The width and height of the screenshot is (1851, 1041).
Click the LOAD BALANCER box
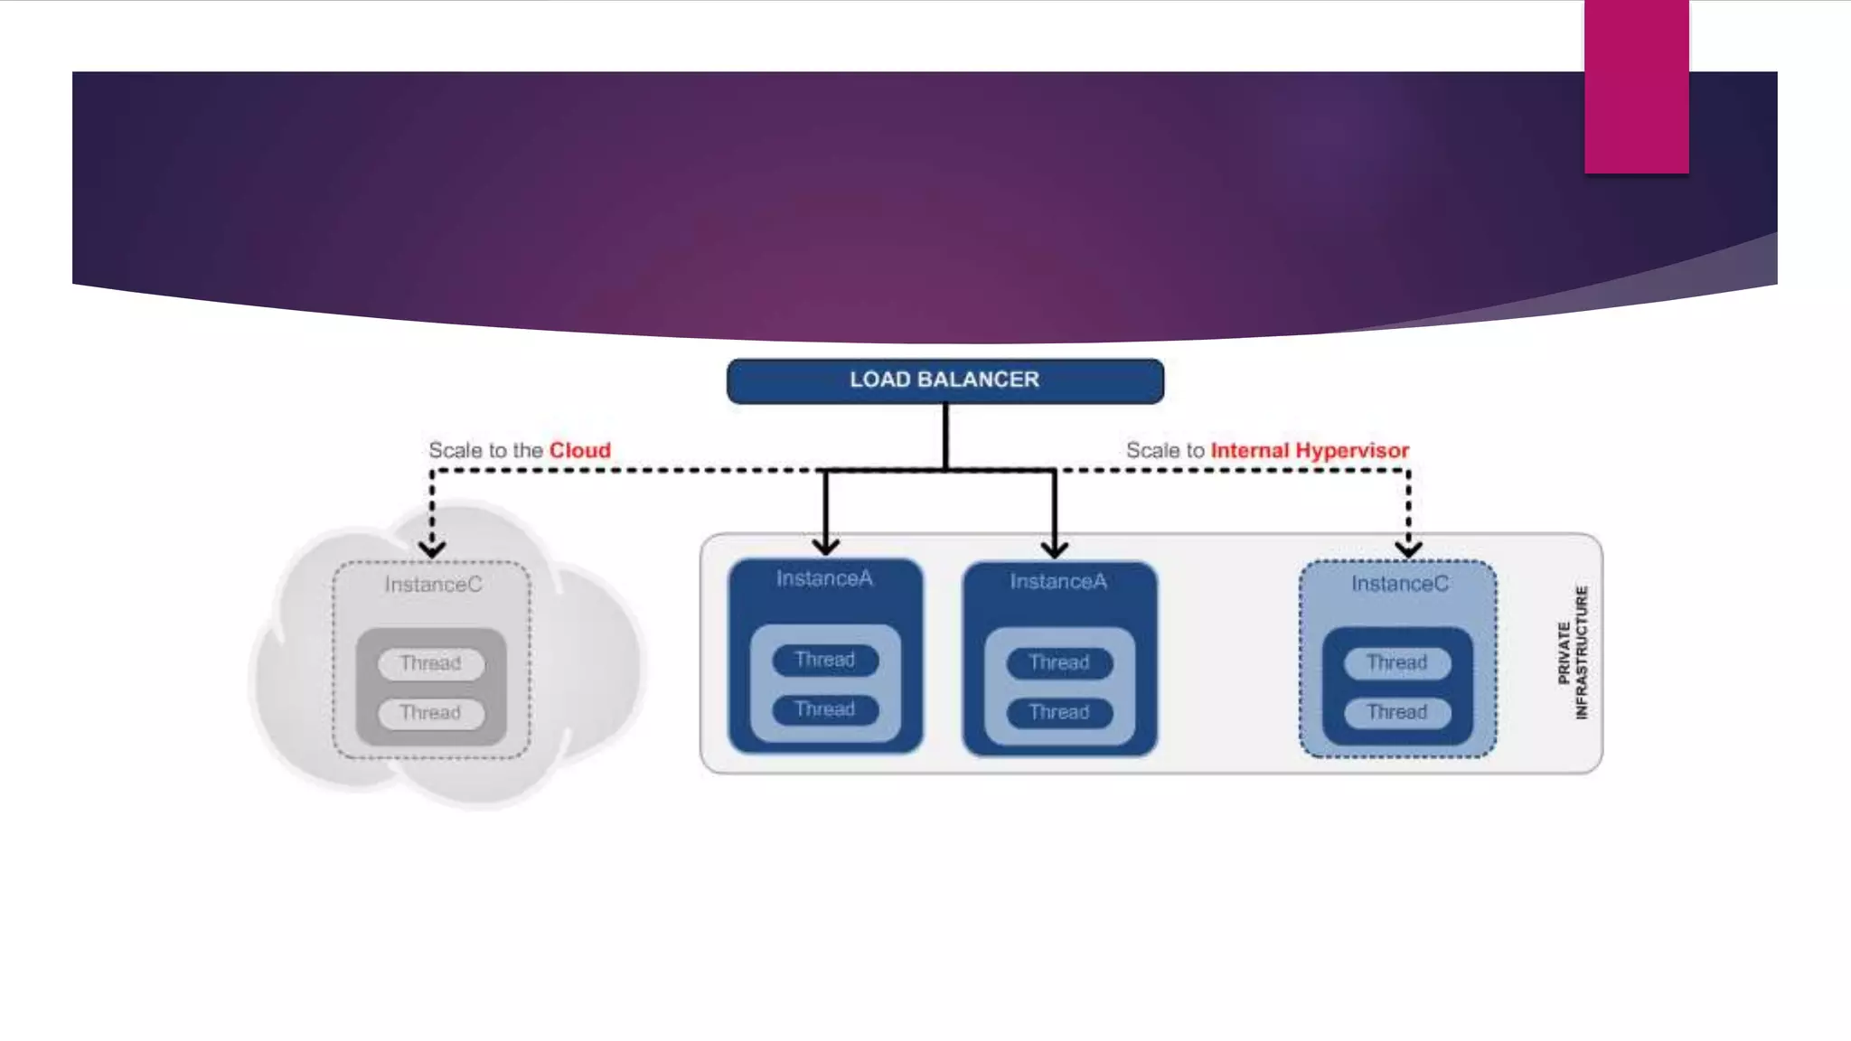pos(944,380)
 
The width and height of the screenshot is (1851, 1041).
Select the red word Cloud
pos(580,450)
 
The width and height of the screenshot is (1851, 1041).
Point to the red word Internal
pos(1249,450)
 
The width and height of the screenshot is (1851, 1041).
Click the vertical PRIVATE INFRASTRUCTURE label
pos(1573,652)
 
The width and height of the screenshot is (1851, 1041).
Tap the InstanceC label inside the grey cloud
pos(433,585)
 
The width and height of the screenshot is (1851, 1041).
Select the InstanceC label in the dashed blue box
pos(1399,584)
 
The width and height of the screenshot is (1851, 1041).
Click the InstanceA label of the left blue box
pos(824,578)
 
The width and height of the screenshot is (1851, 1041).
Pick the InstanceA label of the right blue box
pos(1058,581)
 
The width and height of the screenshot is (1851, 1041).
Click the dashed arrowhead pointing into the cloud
pos(432,548)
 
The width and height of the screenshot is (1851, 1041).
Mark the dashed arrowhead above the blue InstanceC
pos(1408,548)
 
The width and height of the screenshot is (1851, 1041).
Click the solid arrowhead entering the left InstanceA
pos(825,546)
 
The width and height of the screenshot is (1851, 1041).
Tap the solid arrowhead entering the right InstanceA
pos(1055,548)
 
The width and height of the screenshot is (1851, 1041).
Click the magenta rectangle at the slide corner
pos(1636,86)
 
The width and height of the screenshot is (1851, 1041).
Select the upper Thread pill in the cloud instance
pos(431,663)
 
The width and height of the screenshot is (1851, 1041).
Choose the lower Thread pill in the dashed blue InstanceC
pos(1397,712)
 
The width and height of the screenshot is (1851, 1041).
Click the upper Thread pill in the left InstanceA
pos(825,660)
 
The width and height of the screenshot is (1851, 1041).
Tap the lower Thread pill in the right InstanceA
pos(1059,712)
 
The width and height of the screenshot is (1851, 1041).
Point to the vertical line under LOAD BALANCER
pos(945,436)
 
